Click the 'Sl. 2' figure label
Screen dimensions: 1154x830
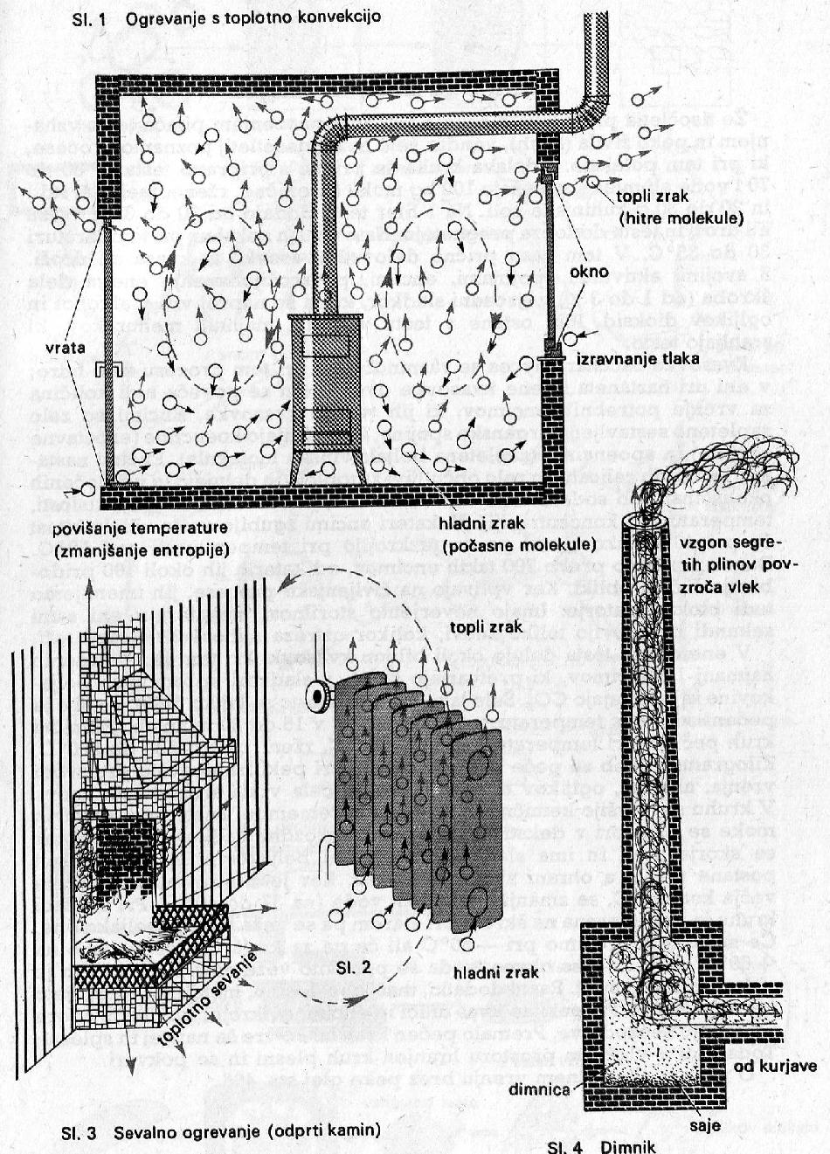coord(354,967)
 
